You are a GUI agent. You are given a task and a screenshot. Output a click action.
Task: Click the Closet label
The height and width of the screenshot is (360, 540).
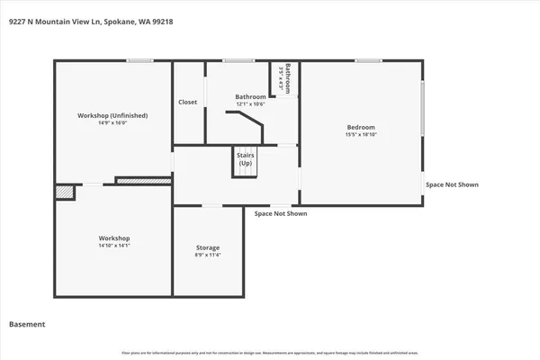(x=188, y=102)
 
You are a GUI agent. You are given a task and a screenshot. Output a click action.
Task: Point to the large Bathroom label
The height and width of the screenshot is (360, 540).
(x=250, y=96)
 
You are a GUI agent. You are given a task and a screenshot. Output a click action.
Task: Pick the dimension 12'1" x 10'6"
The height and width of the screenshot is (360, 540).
(x=250, y=104)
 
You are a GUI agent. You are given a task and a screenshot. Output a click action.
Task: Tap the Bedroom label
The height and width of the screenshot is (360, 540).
(x=361, y=127)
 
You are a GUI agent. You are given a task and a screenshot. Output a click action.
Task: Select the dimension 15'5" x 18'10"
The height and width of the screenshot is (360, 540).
(x=361, y=135)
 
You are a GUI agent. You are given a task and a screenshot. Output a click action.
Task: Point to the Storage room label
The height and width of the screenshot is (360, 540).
(x=208, y=247)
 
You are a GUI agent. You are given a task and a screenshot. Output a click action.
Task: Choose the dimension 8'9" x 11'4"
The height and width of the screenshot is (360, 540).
(x=208, y=256)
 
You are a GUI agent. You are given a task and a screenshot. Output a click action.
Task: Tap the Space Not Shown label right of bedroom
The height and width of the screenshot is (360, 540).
(x=452, y=184)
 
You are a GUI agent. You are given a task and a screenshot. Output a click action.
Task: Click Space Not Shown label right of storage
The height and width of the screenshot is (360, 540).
(x=281, y=214)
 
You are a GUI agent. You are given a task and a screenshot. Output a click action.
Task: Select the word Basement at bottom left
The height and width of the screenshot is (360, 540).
(x=27, y=324)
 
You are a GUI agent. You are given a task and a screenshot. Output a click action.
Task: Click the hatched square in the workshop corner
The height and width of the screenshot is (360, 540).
(x=64, y=192)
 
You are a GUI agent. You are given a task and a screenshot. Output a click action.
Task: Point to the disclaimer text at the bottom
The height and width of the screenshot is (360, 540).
(x=270, y=352)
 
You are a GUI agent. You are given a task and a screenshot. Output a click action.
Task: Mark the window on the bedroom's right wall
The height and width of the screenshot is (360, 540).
(x=422, y=109)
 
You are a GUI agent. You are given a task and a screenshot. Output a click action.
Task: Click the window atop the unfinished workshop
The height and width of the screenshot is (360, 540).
(x=139, y=60)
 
